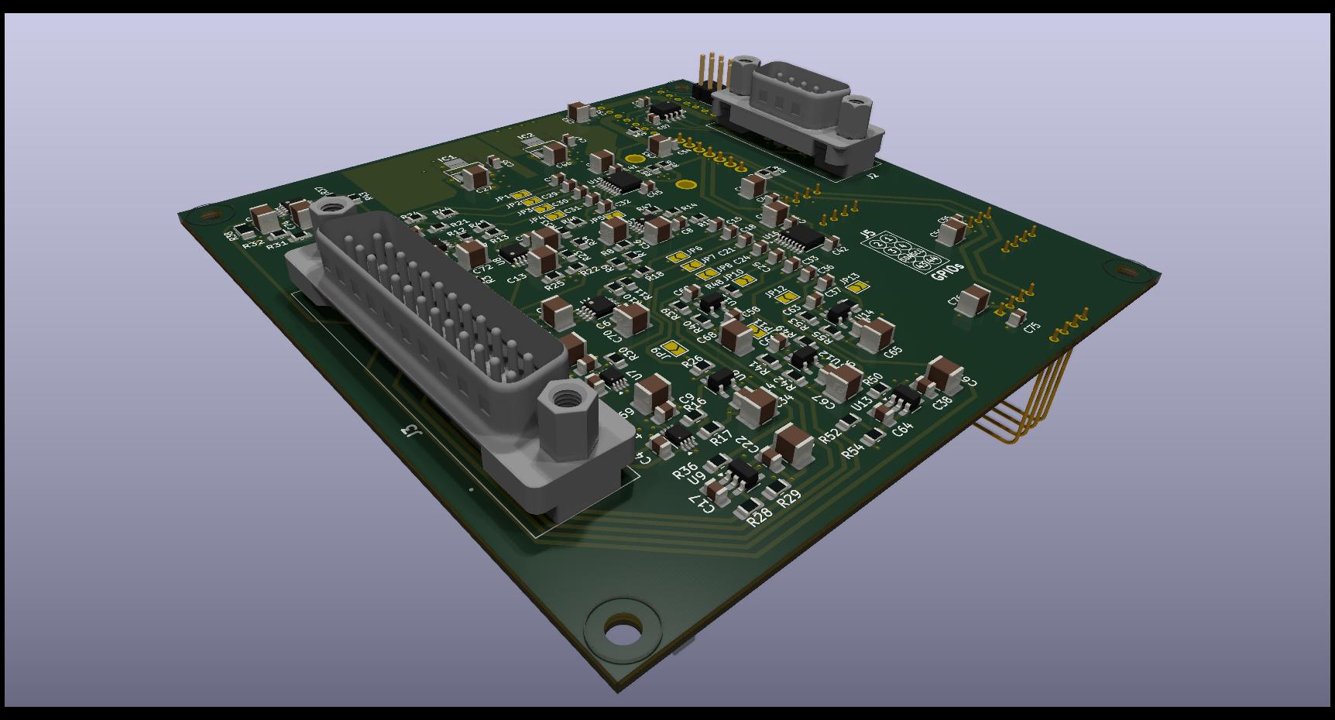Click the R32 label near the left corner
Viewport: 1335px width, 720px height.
(x=251, y=244)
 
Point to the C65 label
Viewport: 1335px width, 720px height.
(x=893, y=351)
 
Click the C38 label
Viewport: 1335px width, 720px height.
(x=942, y=403)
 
